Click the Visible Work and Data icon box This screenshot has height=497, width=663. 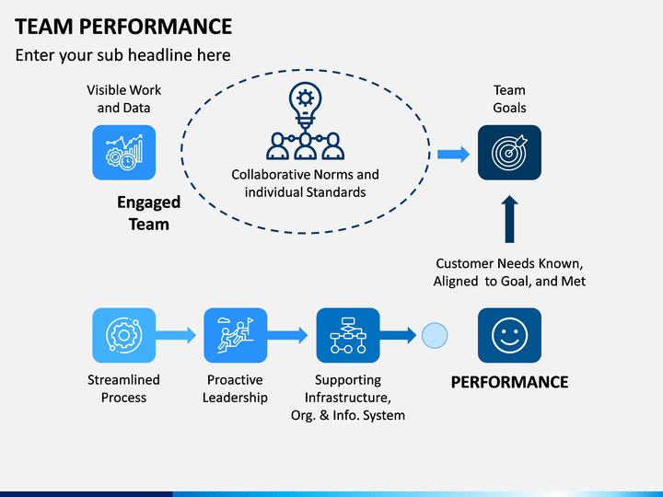124,153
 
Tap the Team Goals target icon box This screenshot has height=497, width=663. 509,153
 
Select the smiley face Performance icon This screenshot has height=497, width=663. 509,335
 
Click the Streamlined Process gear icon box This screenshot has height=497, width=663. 124,335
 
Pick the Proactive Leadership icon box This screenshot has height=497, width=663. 236,335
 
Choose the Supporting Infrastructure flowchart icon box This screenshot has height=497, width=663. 348,335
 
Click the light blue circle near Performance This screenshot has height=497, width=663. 435,336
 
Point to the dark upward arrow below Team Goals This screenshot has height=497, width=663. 509,219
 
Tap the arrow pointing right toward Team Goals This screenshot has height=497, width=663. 453,155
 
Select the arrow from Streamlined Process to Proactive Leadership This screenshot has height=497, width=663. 176,336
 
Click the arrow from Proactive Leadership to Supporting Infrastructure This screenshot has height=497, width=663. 287,336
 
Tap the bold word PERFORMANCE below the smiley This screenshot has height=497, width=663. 509,382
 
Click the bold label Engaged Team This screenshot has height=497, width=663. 149,213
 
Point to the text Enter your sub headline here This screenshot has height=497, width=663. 123,55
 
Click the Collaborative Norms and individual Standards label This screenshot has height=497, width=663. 306,183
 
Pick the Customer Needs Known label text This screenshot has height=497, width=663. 509,272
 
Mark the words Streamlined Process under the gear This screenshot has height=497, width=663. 124,388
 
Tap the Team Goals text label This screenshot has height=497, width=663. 509,98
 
